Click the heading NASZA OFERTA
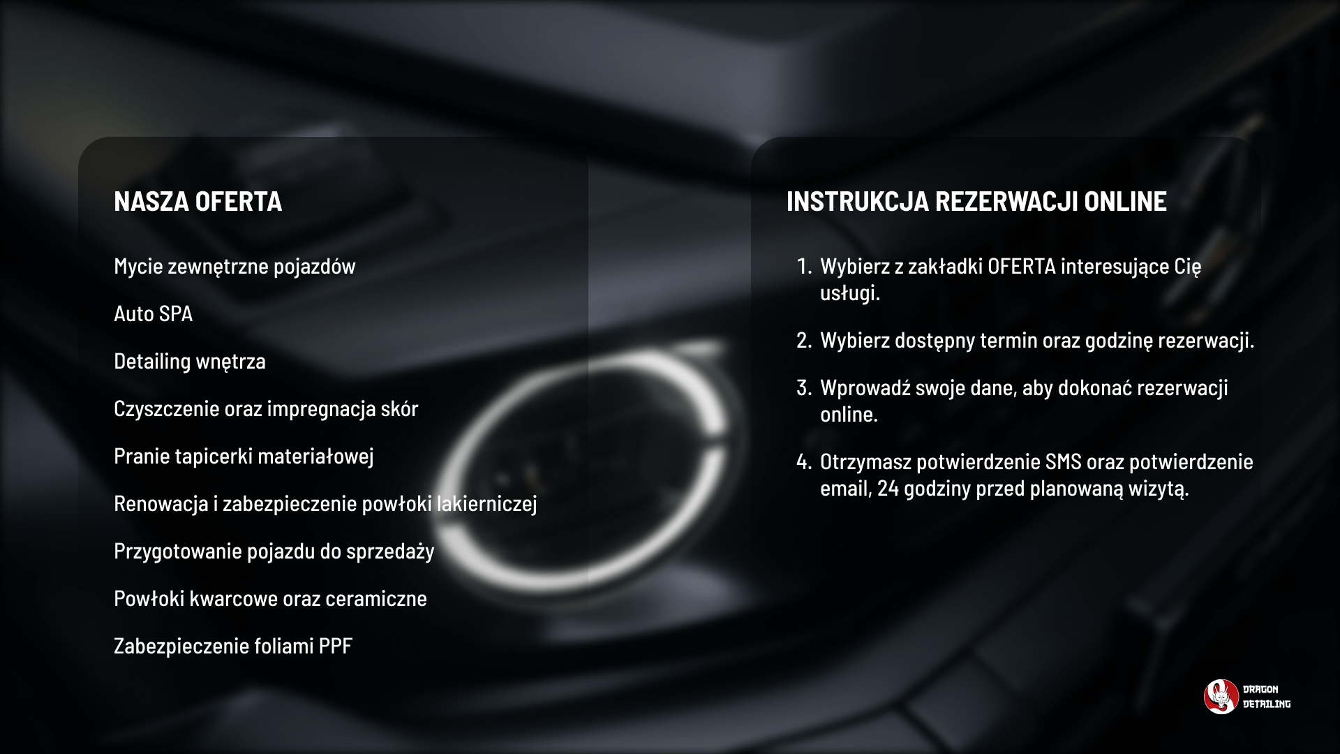(x=198, y=201)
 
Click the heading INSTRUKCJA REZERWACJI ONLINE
(x=976, y=201)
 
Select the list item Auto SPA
(x=153, y=313)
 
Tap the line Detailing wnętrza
(x=190, y=362)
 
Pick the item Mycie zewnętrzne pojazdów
(x=234, y=267)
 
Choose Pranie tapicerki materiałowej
(x=244, y=457)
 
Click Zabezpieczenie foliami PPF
(x=233, y=646)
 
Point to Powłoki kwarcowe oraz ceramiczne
(x=270, y=598)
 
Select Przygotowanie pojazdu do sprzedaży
(x=274, y=552)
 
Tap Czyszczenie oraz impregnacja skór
(x=266, y=409)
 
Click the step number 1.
(x=804, y=266)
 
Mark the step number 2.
(x=804, y=341)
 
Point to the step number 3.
(x=804, y=387)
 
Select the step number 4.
(x=804, y=461)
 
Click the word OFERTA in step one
(x=1022, y=266)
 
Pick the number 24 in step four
(x=888, y=488)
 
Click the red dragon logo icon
(x=1221, y=697)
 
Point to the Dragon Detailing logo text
(x=1267, y=697)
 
